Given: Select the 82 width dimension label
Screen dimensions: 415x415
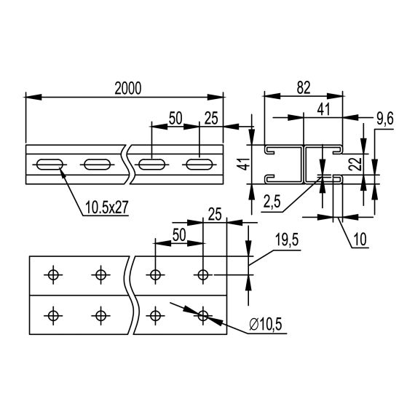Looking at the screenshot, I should tap(304, 87).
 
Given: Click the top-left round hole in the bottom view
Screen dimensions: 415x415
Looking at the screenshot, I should tap(52, 274).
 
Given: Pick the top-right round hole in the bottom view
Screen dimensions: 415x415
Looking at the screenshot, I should tap(203, 274).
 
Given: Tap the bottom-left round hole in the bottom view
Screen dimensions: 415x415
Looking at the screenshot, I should tap(52, 315).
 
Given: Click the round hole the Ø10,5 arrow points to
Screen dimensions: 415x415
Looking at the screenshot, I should tap(203, 315).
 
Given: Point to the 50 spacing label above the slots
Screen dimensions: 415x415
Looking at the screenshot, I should tap(175, 116).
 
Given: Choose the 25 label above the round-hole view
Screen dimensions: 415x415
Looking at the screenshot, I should tap(214, 213).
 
